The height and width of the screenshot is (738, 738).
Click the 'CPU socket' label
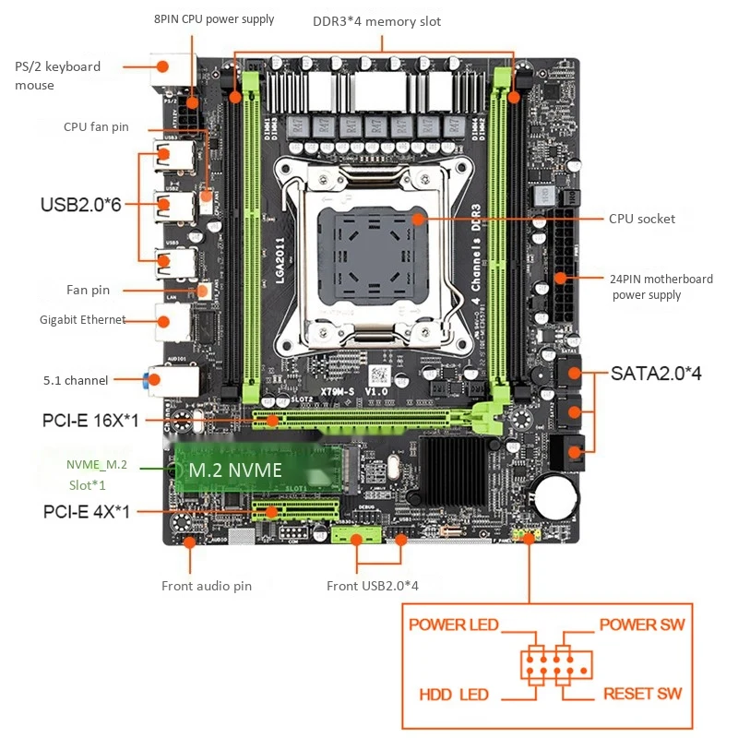(x=641, y=219)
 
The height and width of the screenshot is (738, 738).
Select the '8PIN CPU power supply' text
(x=213, y=19)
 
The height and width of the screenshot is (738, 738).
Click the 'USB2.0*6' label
(x=80, y=204)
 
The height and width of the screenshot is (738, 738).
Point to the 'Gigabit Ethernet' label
(x=82, y=320)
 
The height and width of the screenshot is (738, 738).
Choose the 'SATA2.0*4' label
(x=656, y=374)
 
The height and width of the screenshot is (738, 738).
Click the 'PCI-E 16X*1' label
(x=90, y=421)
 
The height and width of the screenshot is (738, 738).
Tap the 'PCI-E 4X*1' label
(x=87, y=510)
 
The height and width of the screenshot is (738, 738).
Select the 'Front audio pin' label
(x=206, y=586)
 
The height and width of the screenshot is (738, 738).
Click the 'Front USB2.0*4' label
(x=374, y=586)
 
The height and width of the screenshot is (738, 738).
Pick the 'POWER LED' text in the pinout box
(x=453, y=625)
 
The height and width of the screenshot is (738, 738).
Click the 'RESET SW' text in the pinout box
(x=644, y=693)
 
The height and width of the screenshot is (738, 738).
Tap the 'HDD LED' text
(x=453, y=694)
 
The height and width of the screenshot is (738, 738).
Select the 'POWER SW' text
(x=642, y=625)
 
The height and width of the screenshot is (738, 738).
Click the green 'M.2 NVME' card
(x=249, y=470)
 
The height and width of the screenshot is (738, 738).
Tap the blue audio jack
(x=149, y=380)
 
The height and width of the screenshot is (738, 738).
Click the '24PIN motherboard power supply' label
(x=660, y=287)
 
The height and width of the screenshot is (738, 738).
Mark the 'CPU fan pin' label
(x=96, y=126)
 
